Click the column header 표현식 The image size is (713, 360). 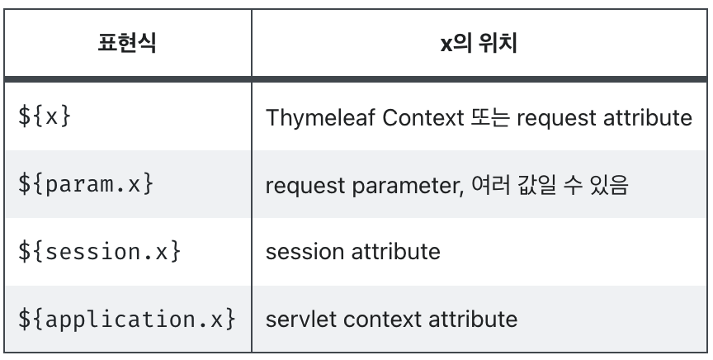(130, 42)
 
